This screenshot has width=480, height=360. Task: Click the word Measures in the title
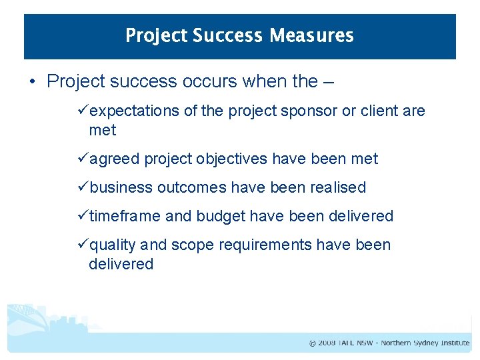coord(311,35)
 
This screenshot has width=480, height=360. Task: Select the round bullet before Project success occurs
coord(33,83)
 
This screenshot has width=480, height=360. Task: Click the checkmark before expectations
coord(83,111)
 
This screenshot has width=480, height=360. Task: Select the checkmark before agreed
coord(83,159)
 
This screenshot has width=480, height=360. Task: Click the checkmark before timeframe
coord(83,216)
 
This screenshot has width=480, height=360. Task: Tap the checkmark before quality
coord(83,245)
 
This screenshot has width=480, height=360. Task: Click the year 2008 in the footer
coord(327,343)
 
